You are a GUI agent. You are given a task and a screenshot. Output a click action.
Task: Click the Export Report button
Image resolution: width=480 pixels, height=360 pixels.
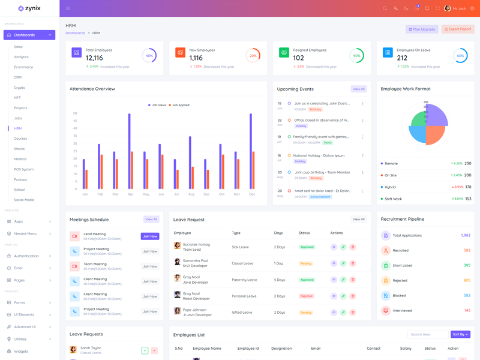[458, 29]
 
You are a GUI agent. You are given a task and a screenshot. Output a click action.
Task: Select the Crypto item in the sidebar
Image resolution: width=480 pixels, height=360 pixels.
[20, 88]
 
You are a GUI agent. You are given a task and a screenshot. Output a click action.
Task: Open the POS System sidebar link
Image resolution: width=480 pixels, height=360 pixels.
[24, 169]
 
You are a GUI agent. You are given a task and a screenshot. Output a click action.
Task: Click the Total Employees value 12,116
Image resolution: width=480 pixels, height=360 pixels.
[94, 58]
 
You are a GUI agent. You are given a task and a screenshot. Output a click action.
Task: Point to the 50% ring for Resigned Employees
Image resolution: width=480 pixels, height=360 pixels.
[356, 56]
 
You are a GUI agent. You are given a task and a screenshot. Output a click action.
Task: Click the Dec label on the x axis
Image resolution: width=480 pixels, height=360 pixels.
[252, 194]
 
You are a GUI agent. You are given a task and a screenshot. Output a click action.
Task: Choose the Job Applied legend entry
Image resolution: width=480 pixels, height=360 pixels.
[179, 105]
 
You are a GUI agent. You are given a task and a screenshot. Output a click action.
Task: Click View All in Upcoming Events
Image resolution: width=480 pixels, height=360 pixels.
[358, 89]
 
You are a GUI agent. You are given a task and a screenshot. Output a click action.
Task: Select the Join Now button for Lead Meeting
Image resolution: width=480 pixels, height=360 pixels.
[150, 236]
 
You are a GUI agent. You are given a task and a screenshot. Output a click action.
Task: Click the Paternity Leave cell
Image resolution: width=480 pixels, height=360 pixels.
[244, 280]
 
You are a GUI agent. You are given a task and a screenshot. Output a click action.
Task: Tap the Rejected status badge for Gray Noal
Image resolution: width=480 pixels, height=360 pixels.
[307, 296]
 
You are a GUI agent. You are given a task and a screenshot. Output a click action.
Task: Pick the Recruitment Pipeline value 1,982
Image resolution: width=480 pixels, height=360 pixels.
[466, 235]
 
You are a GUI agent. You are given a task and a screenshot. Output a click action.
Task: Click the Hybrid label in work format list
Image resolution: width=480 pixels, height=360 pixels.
[391, 187]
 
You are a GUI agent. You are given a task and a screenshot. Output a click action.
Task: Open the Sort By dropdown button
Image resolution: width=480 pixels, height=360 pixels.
[460, 334]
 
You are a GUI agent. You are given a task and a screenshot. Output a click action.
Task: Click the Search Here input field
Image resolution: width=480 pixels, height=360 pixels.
[428, 334]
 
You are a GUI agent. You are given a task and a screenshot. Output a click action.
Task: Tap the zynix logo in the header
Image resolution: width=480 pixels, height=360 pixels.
[29, 8]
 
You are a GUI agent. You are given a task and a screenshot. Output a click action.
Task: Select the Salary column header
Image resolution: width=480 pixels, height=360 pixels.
[406, 348]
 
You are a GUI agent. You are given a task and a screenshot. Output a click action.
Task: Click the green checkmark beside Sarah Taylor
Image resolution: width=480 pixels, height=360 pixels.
[145, 350]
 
